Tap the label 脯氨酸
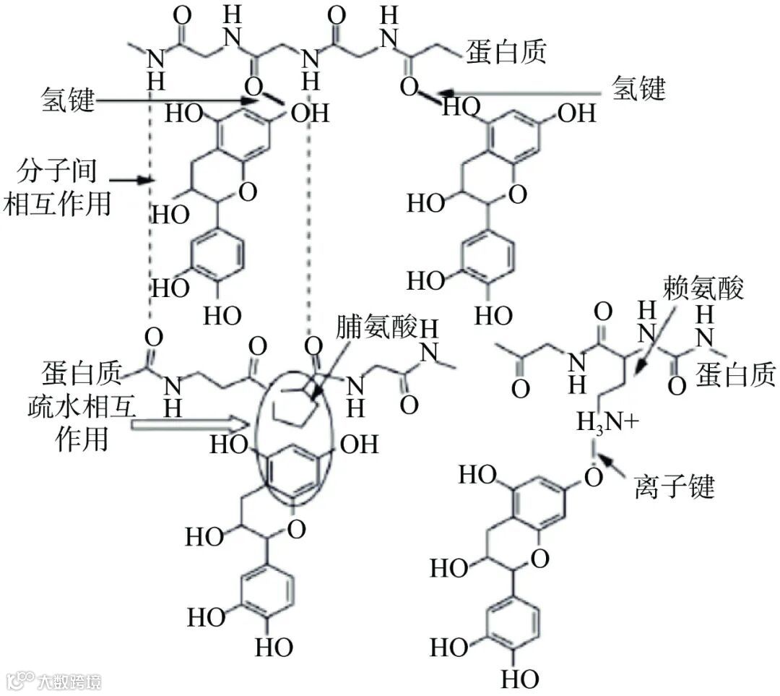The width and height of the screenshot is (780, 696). (x=376, y=329)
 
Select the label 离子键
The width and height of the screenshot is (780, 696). (x=673, y=488)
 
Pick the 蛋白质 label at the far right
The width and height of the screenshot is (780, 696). (x=736, y=375)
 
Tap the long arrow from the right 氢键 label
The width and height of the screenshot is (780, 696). (x=527, y=93)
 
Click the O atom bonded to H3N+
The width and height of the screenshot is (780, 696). (x=593, y=478)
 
